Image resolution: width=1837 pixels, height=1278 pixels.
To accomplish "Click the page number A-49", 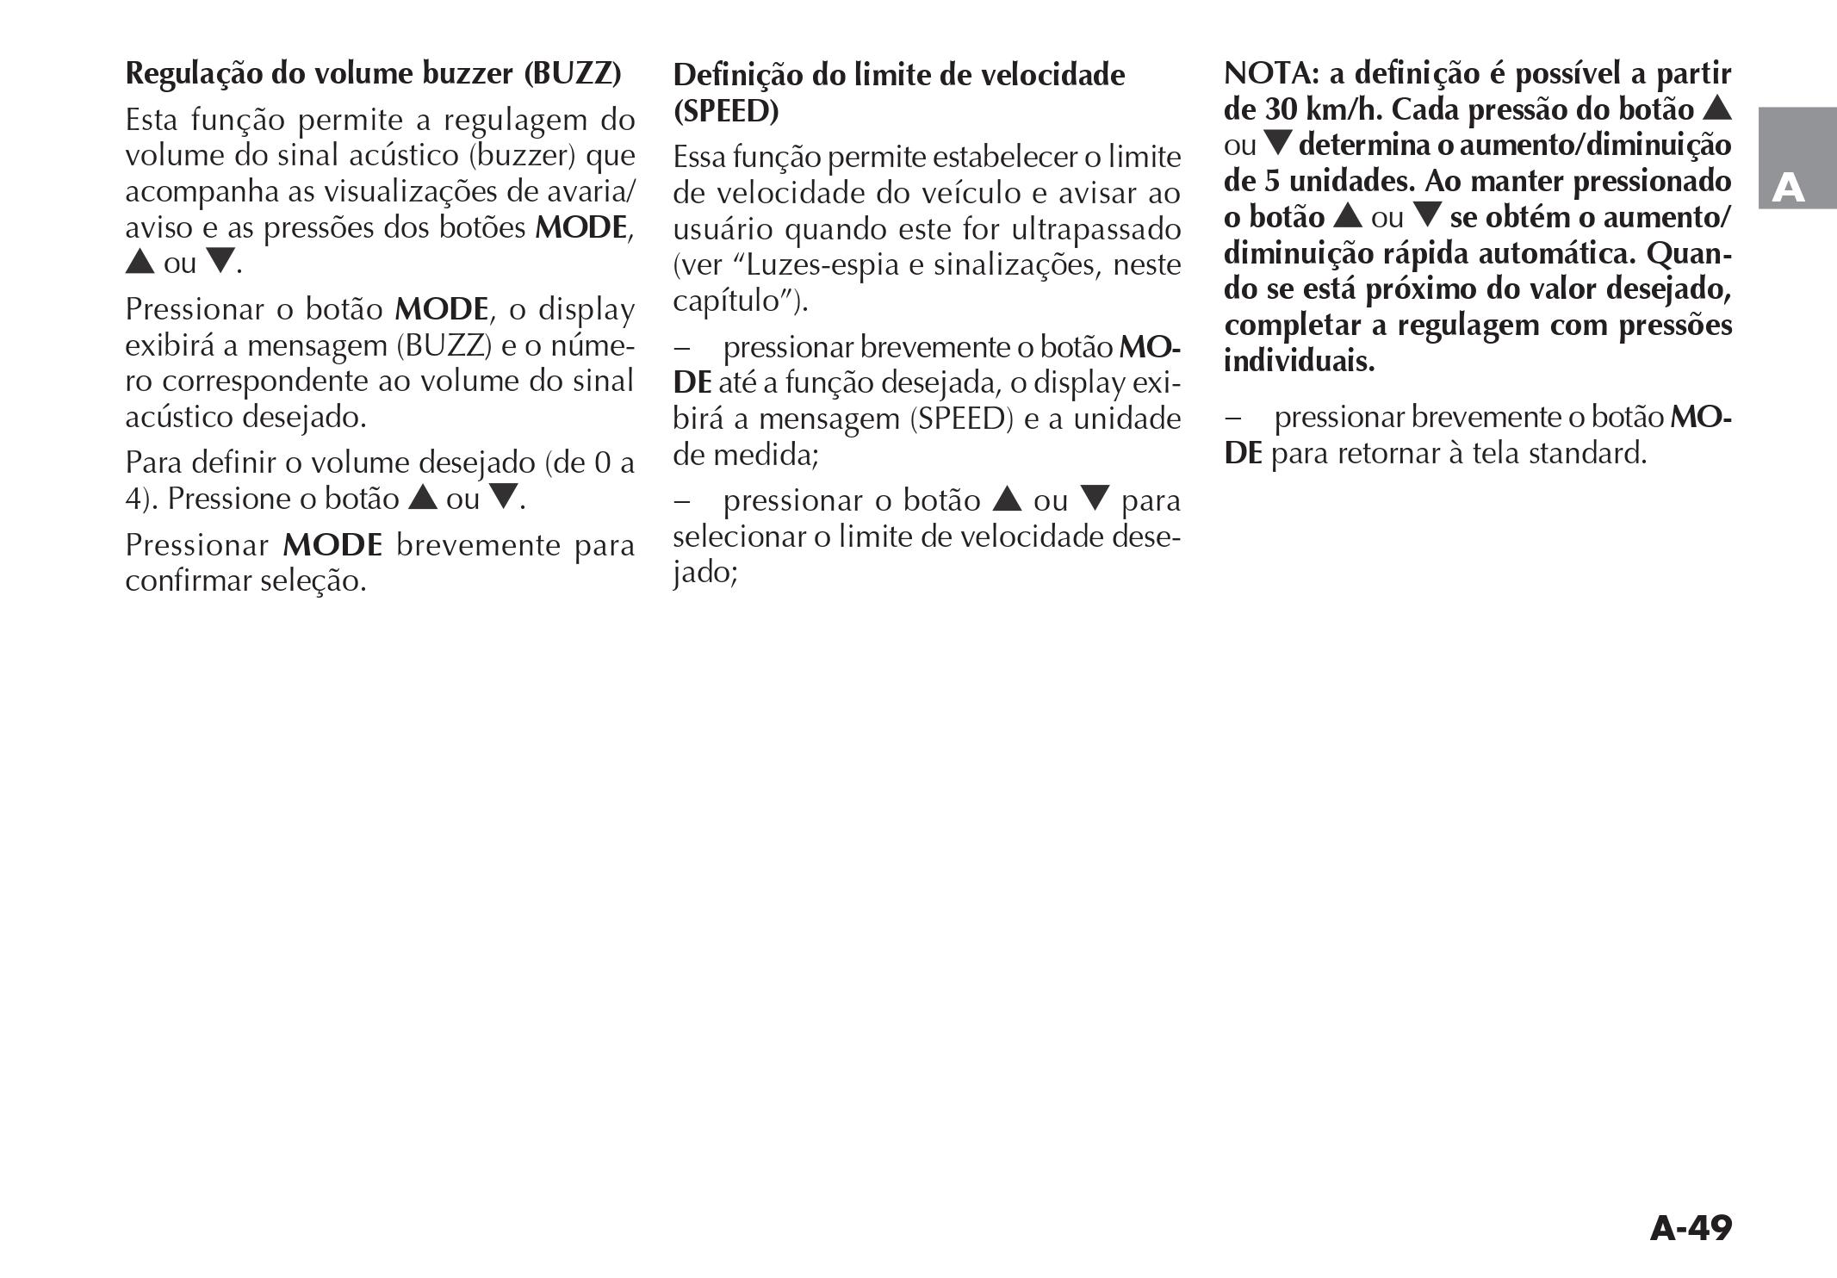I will click(1690, 1229).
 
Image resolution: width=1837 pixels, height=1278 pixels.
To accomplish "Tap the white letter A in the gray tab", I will click(1788, 188).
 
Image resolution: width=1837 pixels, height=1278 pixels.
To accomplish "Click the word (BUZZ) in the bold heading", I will click(573, 74).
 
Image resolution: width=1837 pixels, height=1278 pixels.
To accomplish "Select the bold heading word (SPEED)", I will click(726, 112).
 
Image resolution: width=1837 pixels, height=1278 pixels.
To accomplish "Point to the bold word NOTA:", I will click(1271, 74).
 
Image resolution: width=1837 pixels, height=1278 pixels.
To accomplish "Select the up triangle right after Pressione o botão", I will click(422, 498).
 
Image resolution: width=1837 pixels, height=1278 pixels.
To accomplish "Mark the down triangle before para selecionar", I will click(1095, 499).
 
